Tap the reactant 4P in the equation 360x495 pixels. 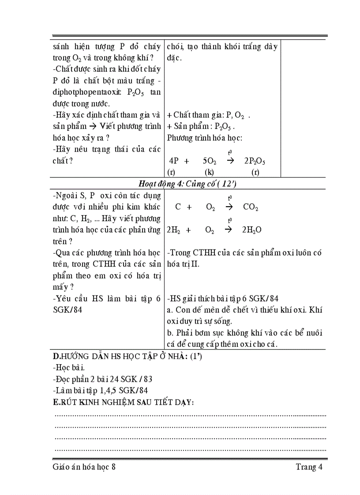coord(173,161)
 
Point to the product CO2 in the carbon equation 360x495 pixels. coord(250,207)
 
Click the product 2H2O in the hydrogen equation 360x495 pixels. coord(251,230)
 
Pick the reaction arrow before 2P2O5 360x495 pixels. coord(230,161)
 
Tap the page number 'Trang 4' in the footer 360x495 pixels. coord(309,467)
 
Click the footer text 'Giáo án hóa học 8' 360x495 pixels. coord(84,467)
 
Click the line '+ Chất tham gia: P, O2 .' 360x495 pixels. coord(209,115)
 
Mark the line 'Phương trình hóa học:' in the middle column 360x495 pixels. coord(204,138)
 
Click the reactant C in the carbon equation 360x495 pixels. coord(178,207)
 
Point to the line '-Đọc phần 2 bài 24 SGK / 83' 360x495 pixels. coord(102,379)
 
